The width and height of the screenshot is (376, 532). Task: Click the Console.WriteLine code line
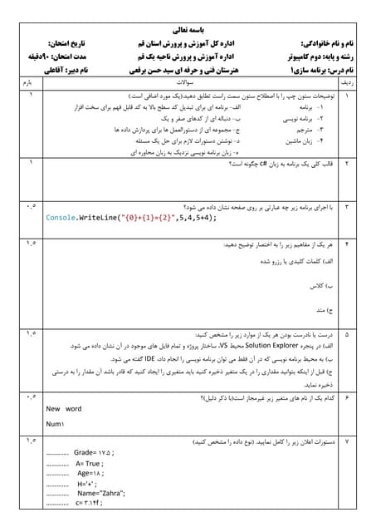[x=131, y=217]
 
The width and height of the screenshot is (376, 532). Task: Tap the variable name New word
[x=64, y=409]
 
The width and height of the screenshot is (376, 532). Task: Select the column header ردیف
[x=347, y=84]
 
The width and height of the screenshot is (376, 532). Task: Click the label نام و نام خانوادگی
[x=313, y=41]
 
